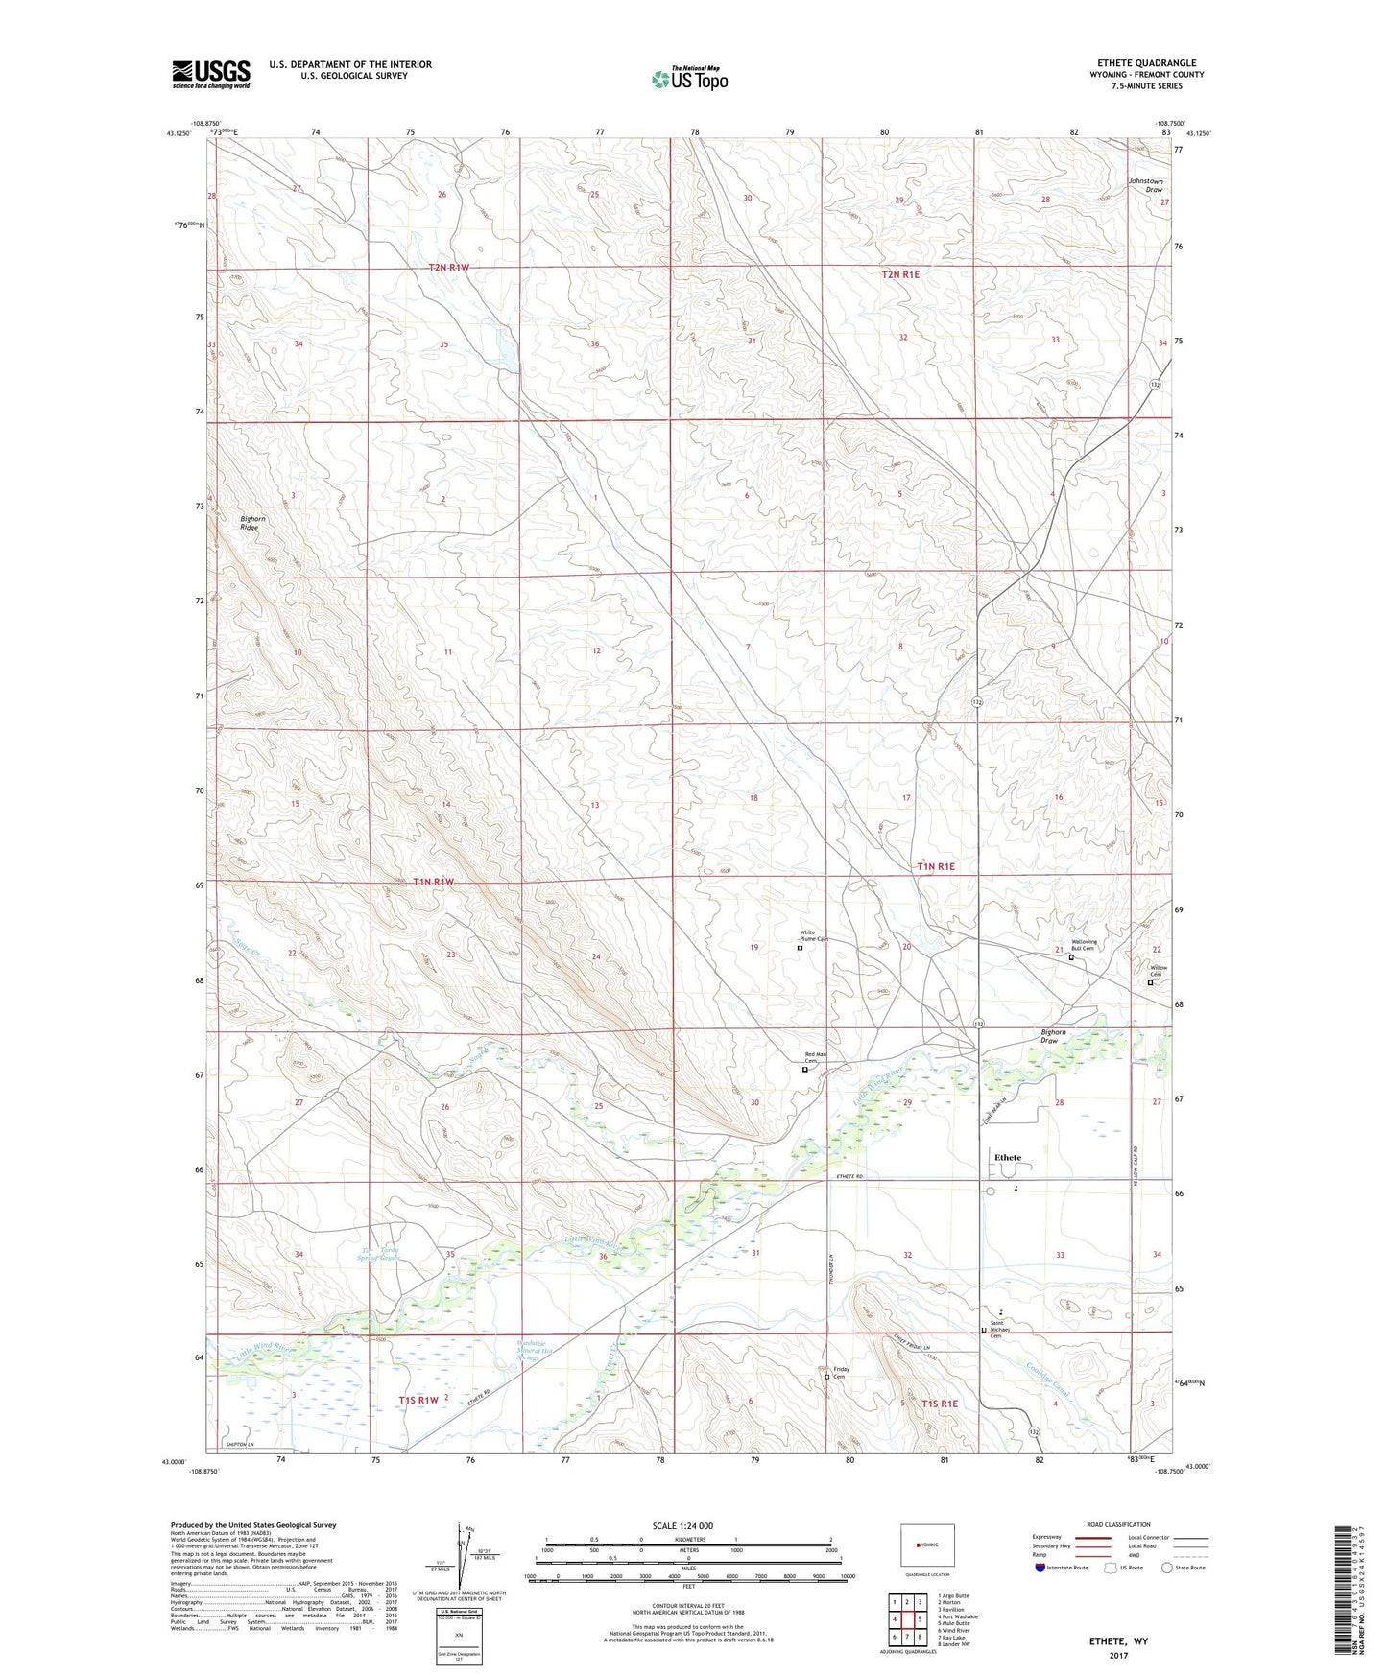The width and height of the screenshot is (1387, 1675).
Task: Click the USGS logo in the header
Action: [x=211, y=74]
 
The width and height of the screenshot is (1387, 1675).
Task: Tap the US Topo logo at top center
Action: [x=688, y=79]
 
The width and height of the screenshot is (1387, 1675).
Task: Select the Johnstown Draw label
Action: [x=1144, y=185]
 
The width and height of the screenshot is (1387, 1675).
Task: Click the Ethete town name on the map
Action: [x=1007, y=1157]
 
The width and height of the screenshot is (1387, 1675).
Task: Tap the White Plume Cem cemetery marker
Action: [x=800, y=948]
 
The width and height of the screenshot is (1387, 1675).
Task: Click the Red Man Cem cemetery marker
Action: [x=804, y=1070]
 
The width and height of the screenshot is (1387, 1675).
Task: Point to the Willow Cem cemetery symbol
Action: [x=1150, y=982]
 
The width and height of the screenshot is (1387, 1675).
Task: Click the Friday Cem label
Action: [x=841, y=1373]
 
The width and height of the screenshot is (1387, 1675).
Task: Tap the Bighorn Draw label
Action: [x=1054, y=1036]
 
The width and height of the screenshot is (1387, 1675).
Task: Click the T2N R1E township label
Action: [x=900, y=274]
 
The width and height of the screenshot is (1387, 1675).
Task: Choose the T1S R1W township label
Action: [x=418, y=1400]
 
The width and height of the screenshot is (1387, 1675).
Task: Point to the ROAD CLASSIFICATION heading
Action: [x=1117, y=1524]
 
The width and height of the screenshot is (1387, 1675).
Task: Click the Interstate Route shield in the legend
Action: [x=1040, y=1569]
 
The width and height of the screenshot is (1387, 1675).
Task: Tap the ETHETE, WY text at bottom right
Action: [x=1117, y=1641]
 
